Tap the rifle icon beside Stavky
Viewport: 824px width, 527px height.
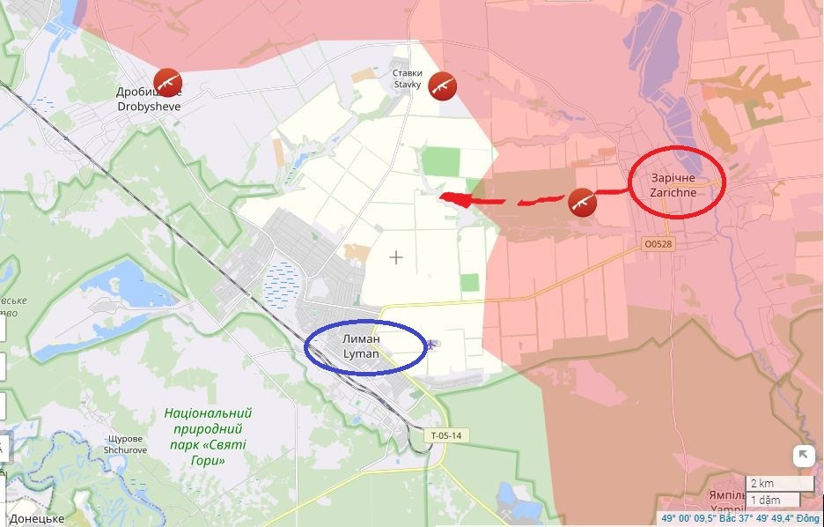point(442,85)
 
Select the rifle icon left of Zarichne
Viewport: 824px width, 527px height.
point(582,202)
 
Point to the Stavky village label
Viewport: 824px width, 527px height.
point(408,79)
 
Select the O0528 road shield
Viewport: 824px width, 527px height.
point(658,244)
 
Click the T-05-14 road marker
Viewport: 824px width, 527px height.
point(446,435)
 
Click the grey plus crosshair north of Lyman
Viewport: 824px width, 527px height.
point(397,257)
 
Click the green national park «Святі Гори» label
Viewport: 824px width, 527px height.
point(208,436)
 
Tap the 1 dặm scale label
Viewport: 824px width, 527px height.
point(765,501)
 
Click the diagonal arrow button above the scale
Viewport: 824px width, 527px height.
point(803,456)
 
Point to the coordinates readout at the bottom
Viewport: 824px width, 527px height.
point(742,519)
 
